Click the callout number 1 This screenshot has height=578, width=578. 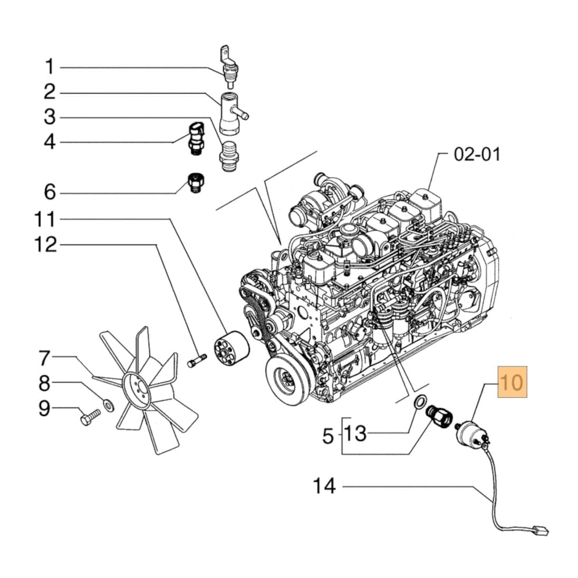50,67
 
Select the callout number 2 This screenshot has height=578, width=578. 50,92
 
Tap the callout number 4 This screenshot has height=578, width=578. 50,142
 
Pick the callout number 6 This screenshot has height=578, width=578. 50,191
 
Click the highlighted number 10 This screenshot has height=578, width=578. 513,383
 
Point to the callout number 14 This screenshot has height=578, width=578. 324,486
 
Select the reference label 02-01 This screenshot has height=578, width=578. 477,154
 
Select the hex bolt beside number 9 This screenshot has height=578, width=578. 91,418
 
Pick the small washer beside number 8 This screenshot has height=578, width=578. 108,402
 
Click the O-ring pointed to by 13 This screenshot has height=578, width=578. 421,400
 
